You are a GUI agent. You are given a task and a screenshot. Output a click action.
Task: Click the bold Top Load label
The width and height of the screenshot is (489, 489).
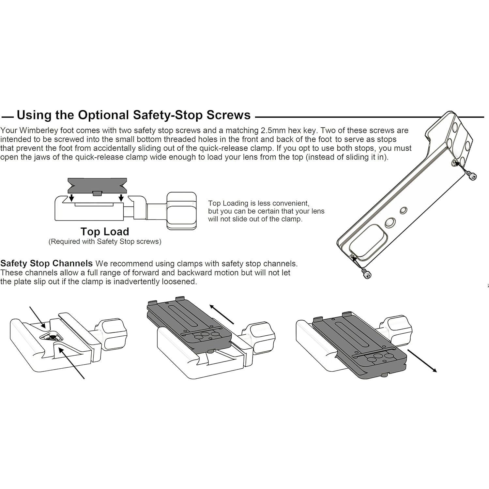click(105, 232)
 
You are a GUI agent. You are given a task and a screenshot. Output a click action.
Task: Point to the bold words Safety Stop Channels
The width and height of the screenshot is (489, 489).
click(46, 263)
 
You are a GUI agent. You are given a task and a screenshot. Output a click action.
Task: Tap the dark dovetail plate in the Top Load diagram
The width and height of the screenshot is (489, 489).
click(97, 186)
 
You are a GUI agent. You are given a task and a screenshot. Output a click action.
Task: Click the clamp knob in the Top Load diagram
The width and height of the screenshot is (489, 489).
click(181, 210)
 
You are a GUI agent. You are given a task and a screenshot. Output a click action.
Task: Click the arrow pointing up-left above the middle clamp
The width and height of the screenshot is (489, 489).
click(222, 314)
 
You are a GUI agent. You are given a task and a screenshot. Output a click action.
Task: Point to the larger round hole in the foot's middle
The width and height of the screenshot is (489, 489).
click(389, 223)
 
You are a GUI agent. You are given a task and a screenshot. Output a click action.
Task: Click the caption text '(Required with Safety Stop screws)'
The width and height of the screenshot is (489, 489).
click(105, 242)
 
